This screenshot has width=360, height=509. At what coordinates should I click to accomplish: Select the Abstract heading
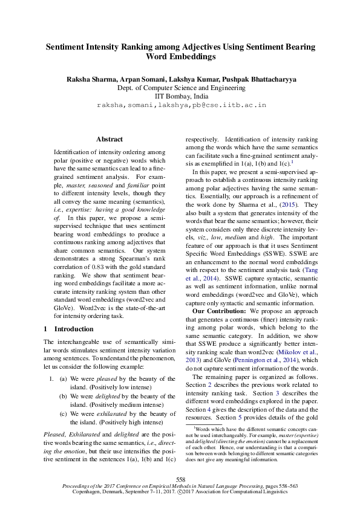pos(110,139)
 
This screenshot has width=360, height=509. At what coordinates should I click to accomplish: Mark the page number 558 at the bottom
pos(180,479)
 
